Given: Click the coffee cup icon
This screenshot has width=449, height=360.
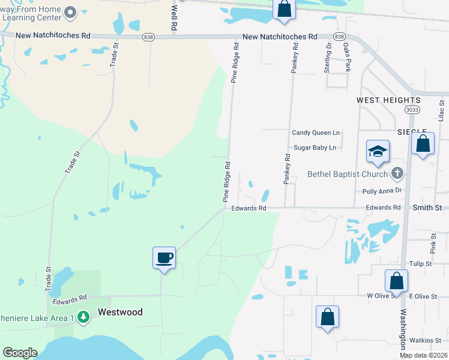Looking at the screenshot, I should tap(164, 258).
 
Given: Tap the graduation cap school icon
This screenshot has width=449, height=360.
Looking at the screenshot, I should tap(378, 151).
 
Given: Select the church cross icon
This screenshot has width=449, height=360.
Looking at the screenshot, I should tap(396, 174).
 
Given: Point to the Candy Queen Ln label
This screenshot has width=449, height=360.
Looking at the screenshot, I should tap(316, 133).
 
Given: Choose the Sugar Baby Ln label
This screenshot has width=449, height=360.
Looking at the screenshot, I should tap(315, 148).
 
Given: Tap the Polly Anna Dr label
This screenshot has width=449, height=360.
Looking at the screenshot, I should tap(382, 191).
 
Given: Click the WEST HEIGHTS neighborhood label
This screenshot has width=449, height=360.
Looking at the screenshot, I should tap(388, 100).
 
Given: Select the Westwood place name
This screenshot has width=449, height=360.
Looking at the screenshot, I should tap(120, 312).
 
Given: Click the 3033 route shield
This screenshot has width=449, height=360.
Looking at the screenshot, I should tap(412, 109).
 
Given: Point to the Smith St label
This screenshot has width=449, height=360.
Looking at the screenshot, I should tap(427, 208).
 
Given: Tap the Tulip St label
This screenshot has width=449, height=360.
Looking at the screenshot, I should tap(420, 263).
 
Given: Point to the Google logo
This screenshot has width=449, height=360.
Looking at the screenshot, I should tap(20, 353).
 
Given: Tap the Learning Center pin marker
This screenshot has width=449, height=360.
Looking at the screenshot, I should tap(70, 12).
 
